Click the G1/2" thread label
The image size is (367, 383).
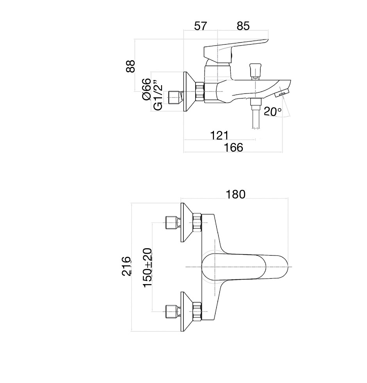(157, 95)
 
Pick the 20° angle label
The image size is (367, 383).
(273, 112)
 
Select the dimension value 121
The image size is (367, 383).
(219, 135)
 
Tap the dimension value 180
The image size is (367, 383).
(236, 194)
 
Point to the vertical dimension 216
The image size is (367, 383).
(126, 267)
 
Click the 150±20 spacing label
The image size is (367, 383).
(148, 268)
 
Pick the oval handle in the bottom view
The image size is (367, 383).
(246, 267)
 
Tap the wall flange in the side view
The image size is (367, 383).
(189, 93)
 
